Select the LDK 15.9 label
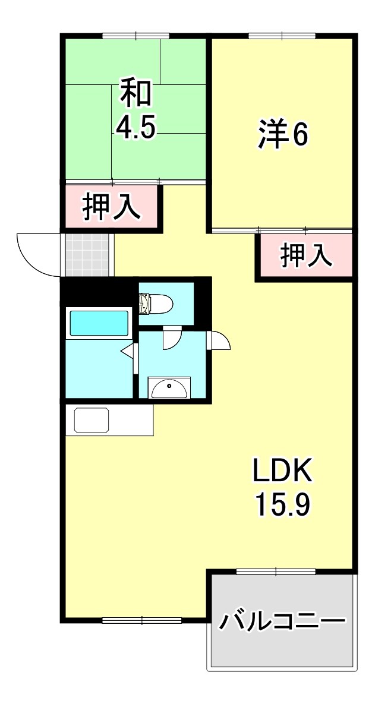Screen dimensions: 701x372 pos(282,488)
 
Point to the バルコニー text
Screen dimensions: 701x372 pos(282,622)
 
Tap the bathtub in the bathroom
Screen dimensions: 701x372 pos(99,323)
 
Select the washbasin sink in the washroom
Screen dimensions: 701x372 pos(170,388)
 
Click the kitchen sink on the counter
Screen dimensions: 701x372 pos(92,420)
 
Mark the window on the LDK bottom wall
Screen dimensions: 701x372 pos(142,620)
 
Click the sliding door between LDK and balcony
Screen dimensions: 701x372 pos(276,571)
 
